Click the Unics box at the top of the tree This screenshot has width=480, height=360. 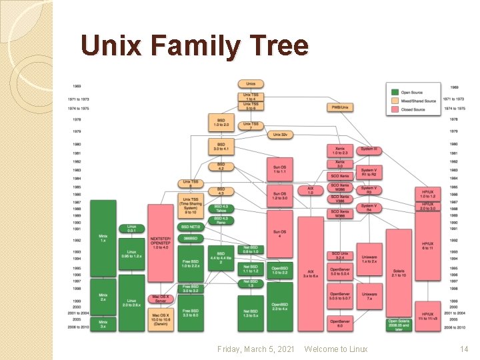click(x=251, y=84)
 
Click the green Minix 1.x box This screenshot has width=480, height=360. click(x=103, y=237)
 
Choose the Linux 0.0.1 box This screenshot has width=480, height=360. click(x=132, y=229)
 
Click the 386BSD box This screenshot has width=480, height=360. click(x=191, y=238)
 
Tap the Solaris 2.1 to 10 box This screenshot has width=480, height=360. click(x=399, y=273)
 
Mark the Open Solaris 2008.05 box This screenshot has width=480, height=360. click(x=399, y=325)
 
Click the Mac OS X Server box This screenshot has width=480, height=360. click(x=160, y=299)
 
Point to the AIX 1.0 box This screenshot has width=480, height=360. click(x=310, y=190)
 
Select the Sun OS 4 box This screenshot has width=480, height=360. click(x=279, y=233)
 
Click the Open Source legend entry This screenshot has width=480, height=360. click(x=411, y=92)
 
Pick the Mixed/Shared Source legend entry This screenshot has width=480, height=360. click(x=418, y=101)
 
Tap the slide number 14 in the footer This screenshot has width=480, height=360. click(x=465, y=349)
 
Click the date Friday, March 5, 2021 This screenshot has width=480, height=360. click(x=256, y=349)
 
